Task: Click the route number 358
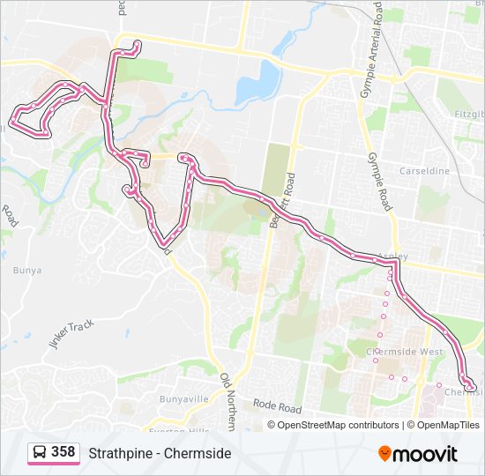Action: coord(63,452)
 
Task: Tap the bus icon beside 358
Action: coord(40,453)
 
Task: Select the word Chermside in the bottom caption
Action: coord(201,453)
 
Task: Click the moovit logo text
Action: coord(425,454)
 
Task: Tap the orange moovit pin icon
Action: coord(385,453)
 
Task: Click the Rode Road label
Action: coord(277,406)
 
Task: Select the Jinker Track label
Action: coord(71,334)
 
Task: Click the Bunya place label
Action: coord(27,271)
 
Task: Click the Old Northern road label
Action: coord(228,399)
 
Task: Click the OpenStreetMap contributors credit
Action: coord(338,425)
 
